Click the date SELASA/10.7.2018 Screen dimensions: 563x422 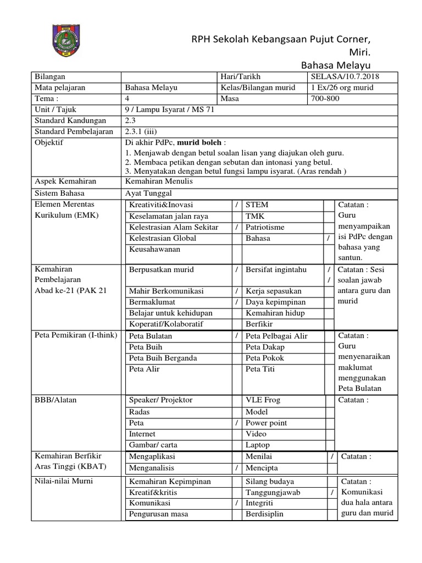click(345, 76)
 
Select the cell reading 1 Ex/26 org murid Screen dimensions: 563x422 click(342, 87)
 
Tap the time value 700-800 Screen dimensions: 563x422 click(325, 98)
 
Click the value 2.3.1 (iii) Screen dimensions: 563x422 click(141, 131)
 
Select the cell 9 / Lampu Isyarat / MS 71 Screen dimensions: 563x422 click(170, 109)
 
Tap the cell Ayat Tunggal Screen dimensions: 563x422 click(148, 193)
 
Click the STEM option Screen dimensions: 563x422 click(257, 205)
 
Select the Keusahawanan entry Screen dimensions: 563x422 click(154, 249)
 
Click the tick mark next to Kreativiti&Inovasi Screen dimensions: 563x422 click(236, 205)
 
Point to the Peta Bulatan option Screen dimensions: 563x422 click(151, 336)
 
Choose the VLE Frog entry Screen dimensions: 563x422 click(263, 400)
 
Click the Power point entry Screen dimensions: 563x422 click(266, 423)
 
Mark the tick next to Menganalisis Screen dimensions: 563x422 click(236, 468)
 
